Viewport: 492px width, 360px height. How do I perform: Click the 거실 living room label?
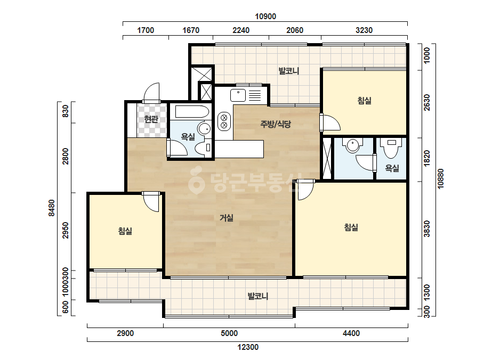[226, 217]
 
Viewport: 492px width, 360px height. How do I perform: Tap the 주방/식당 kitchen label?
[276, 124]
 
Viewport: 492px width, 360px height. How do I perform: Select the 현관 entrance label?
[151, 119]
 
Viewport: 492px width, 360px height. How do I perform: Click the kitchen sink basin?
[238, 95]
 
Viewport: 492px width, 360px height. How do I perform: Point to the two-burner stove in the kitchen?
[224, 121]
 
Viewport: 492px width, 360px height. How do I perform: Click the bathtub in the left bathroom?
[192, 112]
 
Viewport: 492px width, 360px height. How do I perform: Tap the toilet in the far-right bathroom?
[391, 147]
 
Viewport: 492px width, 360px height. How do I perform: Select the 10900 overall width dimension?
[265, 17]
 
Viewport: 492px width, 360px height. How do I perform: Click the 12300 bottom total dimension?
[247, 347]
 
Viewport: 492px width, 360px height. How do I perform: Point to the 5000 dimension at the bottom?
[229, 333]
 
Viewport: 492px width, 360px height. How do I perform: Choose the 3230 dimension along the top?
[364, 30]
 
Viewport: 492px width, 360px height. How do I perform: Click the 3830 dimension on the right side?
[427, 229]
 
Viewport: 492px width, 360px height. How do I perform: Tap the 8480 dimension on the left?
[52, 208]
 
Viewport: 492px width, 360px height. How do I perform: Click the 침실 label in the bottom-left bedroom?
[125, 231]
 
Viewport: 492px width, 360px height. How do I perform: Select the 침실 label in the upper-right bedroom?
[364, 101]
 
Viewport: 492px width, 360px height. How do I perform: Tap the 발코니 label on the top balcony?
[289, 71]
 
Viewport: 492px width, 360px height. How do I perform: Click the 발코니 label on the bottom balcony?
[258, 296]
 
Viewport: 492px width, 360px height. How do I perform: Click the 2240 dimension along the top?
[241, 30]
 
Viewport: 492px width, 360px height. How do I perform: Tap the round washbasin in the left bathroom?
[205, 128]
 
